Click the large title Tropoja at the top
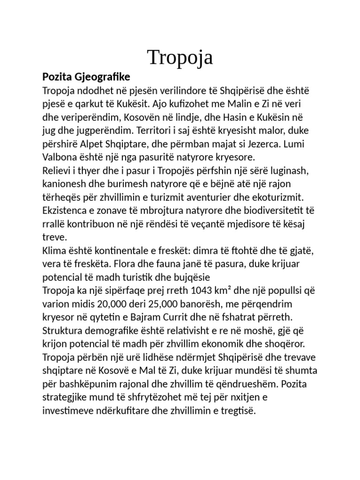coord(180,57)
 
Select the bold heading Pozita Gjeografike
coord(86,76)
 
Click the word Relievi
coord(58,169)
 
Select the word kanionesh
coord(65,182)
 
